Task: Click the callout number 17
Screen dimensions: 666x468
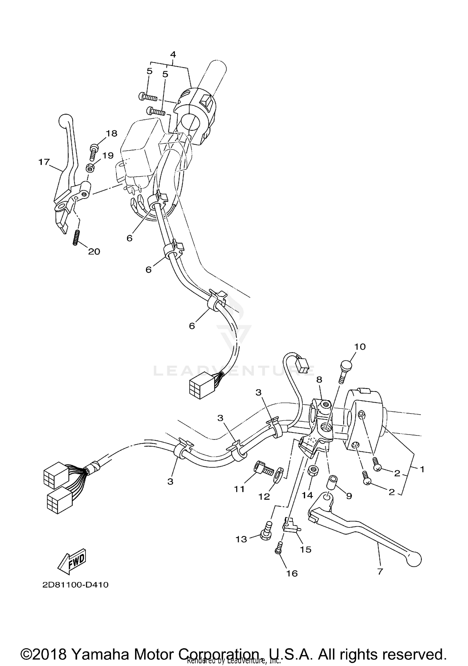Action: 44,162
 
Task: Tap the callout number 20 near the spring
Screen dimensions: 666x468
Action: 94,251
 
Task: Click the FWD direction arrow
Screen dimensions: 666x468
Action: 71,561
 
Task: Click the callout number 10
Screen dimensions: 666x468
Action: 360,347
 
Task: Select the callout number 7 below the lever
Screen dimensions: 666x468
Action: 380,572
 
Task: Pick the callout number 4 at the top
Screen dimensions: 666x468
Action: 173,54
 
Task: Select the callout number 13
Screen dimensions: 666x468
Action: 241,539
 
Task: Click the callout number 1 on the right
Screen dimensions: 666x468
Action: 422,478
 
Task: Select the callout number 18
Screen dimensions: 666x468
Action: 111,134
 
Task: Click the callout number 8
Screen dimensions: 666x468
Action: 319,380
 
